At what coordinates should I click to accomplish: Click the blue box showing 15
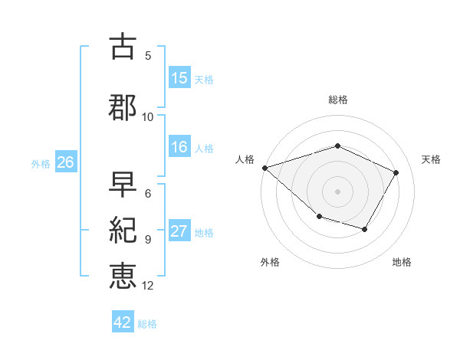(x=179, y=77)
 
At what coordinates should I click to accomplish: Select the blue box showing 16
(x=179, y=148)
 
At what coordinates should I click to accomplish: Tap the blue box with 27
(x=179, y=232)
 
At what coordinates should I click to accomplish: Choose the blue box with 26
(x=65, y=162)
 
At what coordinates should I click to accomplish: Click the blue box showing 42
(x=123, y=322)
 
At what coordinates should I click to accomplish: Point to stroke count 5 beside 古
(x=148, y=55)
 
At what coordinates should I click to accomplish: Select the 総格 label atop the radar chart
(x=338, y=100)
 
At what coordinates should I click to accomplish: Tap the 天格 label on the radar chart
(x=432, y=159)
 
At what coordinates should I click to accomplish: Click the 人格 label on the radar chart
(x=245, y=159)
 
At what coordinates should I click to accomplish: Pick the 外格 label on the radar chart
(x=270, y=262)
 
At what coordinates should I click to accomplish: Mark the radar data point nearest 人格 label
(x=264, y=168)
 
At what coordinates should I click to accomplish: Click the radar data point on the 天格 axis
(x=396, y=172)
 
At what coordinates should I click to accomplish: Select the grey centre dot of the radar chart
(x=338, y=191)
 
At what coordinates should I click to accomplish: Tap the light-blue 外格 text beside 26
(x=41, y=163)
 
